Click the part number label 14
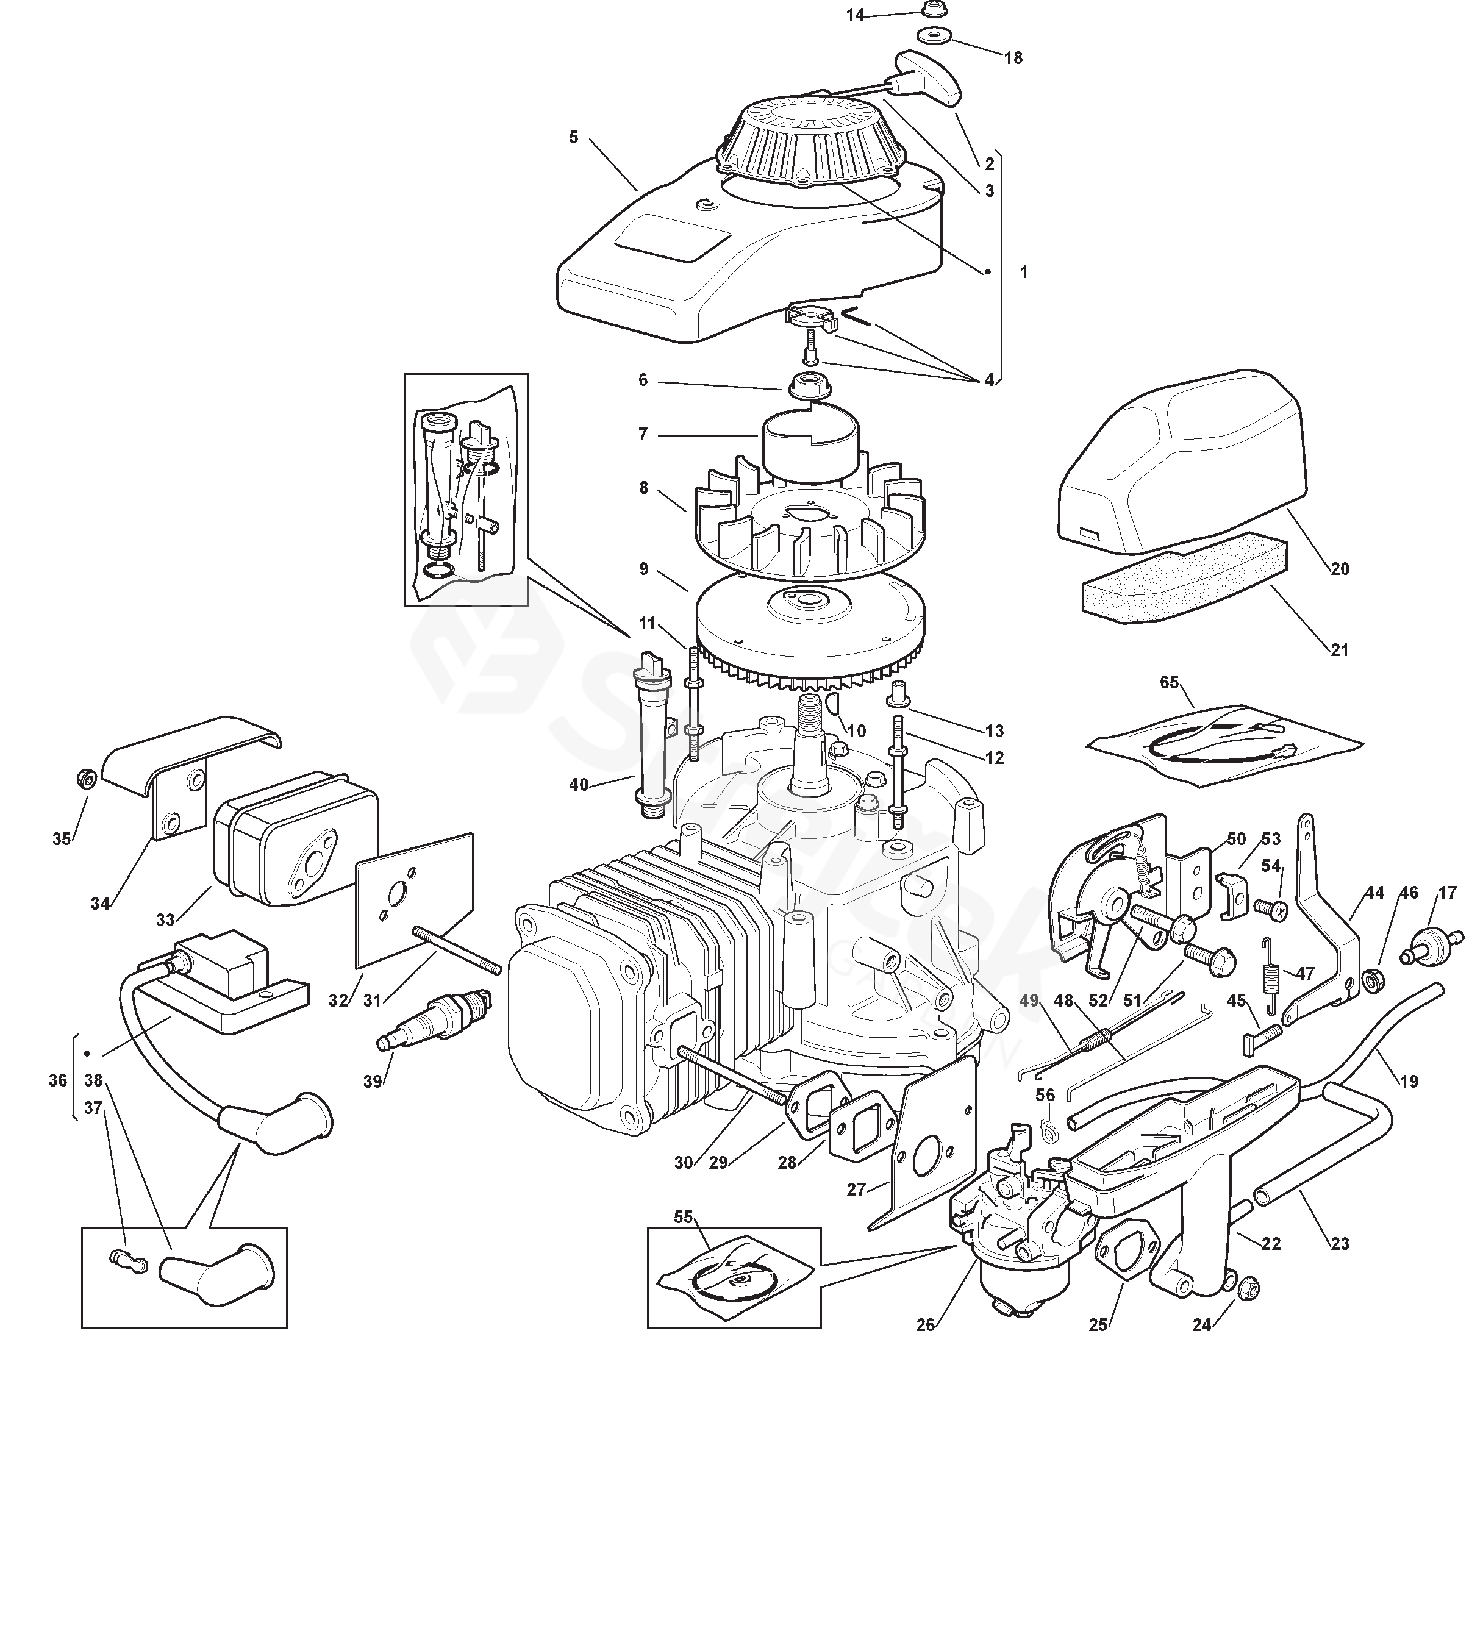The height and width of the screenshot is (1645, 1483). pyautogui.click(x=855, y=15)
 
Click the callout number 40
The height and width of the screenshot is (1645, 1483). pyautogui.click(x=579, y=785)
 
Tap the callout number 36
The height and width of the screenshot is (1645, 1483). pyautogui.click(x=57, y=1080)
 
